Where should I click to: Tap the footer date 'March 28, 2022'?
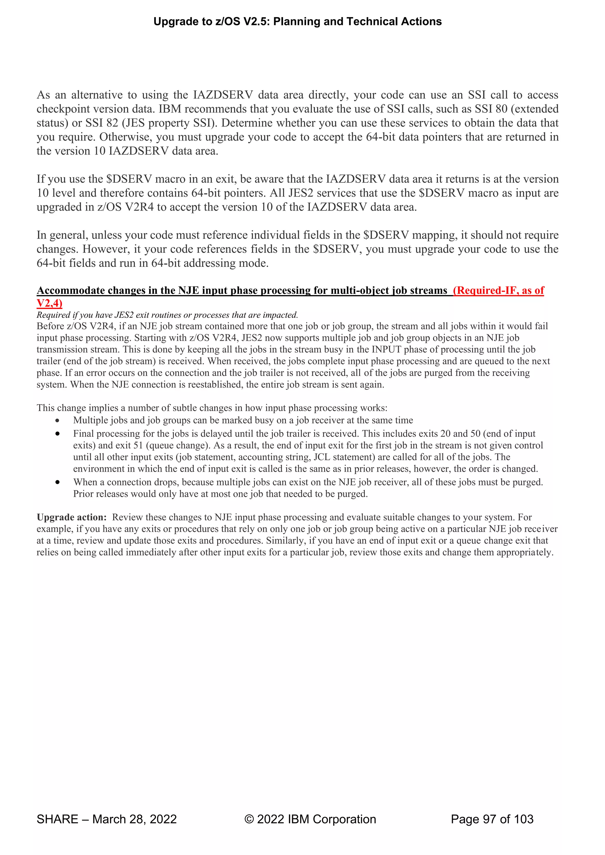[x=134, y=819]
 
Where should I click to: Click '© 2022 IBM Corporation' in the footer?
[x=310, y=819]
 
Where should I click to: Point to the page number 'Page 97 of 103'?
[x=492, y=819]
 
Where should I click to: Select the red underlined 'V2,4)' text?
[x=49, y=303]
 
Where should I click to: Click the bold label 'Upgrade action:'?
[x=71, y=517]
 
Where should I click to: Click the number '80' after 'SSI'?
[x=501, y=109]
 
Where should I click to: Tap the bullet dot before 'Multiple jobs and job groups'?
[x=57, y=421]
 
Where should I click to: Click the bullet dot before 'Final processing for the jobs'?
[x=57, y=434]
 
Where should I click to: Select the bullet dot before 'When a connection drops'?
[x=57, y=482]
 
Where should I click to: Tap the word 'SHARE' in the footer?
[x=57, y=819]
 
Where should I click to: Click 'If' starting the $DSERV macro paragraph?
[x=40, y=179]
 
